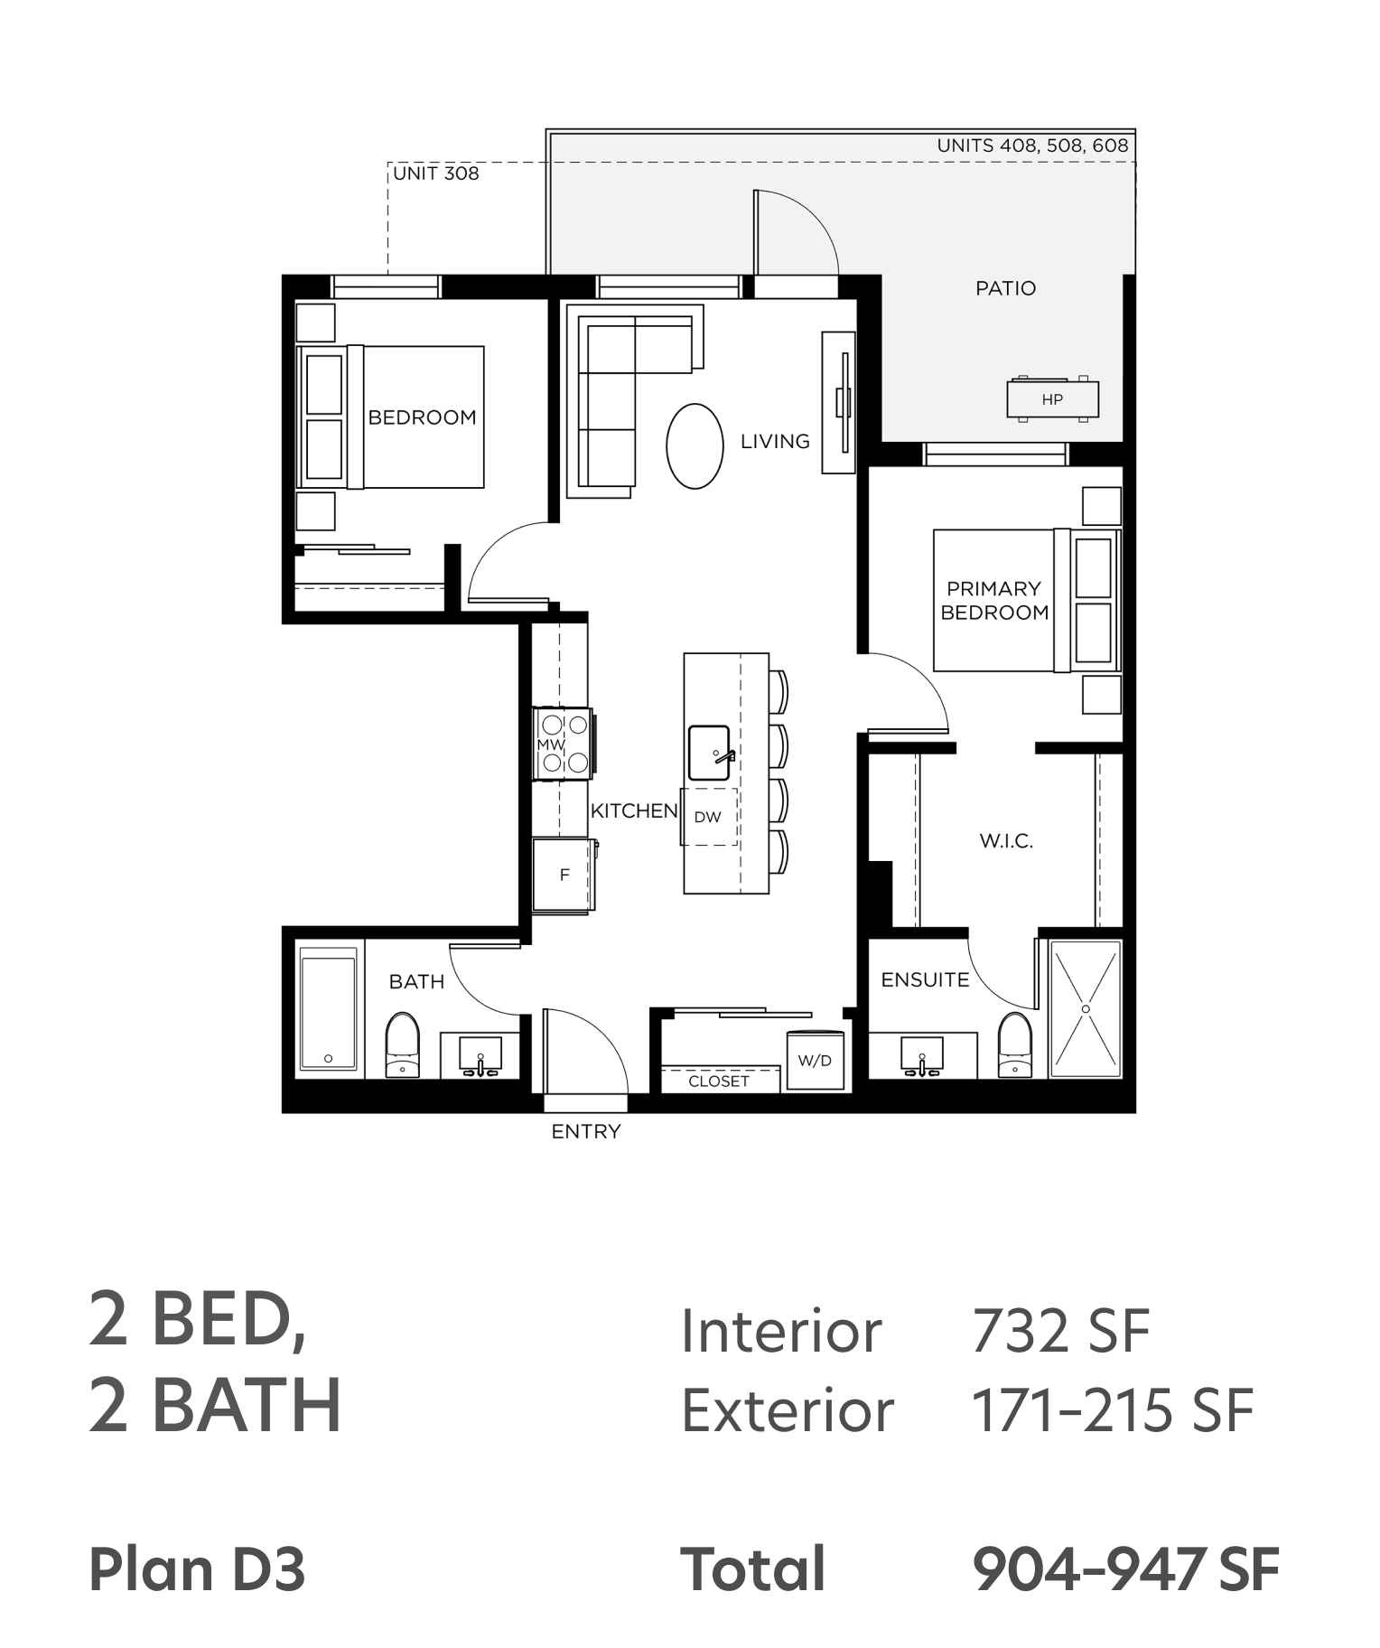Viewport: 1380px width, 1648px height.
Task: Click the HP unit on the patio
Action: tap(1052, 398)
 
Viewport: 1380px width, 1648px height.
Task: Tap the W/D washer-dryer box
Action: tap(815, 1060)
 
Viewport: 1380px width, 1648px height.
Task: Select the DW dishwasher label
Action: tap(707, 817)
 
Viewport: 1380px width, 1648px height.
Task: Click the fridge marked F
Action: tap(564, 875)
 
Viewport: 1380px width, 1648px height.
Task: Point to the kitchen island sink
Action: tap(710, 753)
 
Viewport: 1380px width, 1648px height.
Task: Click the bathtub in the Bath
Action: tap(328, 1012)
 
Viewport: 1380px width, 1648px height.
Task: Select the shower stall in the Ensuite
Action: tap(1085, 1008)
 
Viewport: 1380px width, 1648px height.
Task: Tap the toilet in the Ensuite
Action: tap(1015, 1044)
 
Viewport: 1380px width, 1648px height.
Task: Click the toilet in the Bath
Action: tap(403, 1044)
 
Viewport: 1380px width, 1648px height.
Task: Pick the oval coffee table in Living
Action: tap(695, 446)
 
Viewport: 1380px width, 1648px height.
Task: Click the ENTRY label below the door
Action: tap(586, 1131)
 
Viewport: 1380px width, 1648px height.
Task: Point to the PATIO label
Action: tap(1005, 288)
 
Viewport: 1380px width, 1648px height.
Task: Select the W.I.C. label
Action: tap(1006, 841)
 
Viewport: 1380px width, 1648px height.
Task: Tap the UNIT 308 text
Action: tap(436, 173)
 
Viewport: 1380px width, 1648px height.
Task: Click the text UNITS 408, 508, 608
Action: tap(1032, 145)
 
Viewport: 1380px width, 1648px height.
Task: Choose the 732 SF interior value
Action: tap(1061, 1331)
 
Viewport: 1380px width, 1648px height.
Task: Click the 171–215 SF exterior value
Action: tap(1113, 1410)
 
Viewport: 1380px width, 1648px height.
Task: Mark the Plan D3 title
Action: tap(197, 1569)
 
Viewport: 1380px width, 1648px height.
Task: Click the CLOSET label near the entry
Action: tap(719, 1081)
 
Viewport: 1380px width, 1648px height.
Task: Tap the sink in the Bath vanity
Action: tap(480, 1054)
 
